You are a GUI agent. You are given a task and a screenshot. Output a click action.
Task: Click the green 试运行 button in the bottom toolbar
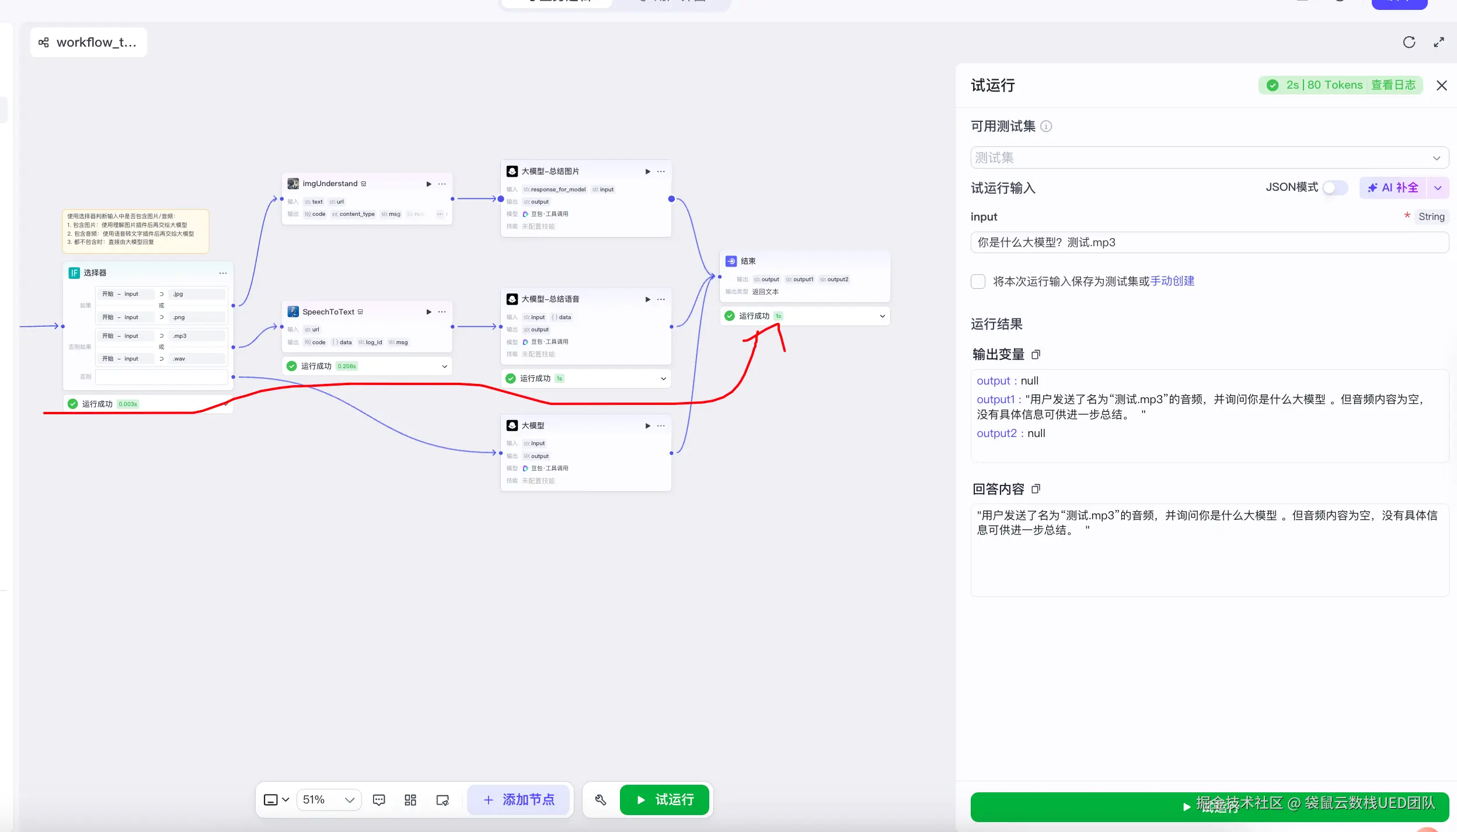coord(664,799)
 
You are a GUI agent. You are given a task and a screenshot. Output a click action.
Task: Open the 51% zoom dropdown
coord(329,799)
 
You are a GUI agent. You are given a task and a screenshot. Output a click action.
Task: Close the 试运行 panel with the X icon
coord(1441,86)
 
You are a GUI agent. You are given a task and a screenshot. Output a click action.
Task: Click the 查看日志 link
coord(1393,85)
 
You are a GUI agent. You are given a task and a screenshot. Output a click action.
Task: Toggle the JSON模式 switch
coord(1335,187)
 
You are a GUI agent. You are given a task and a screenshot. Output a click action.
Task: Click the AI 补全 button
coord(1393,187)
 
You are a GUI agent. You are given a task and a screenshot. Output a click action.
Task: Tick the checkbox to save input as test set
coord(978,281)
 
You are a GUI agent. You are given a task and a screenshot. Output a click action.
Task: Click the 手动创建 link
coord(1172,281)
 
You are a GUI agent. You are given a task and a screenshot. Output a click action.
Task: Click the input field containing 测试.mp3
coord(1209,242)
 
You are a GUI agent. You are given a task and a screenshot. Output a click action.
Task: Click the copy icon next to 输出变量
coord(1036,354)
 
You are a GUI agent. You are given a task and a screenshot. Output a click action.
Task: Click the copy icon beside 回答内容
coord(1036,488)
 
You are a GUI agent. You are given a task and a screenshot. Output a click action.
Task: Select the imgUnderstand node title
coord(330,184)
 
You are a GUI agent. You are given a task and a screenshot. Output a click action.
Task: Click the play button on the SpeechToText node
coord(428,312)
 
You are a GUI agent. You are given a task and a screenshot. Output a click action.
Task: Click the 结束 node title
coord(748,261)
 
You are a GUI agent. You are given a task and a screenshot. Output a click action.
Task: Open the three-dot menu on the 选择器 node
coord(223,273)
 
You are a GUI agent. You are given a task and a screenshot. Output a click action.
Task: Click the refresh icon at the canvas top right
coord(1409,42)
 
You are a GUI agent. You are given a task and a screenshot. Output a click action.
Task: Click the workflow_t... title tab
coord(89,42)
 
